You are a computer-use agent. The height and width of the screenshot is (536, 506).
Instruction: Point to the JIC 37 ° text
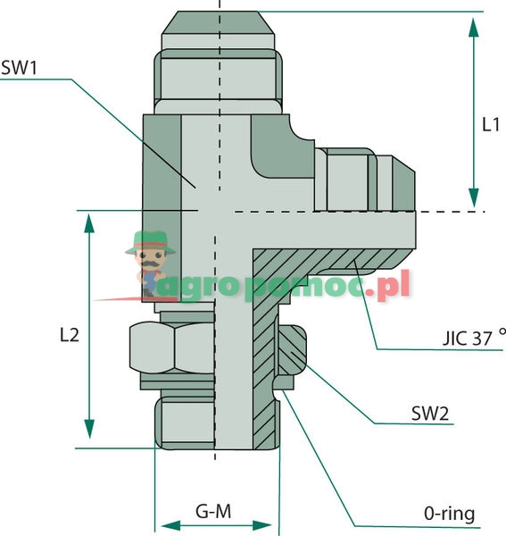click(469, 339)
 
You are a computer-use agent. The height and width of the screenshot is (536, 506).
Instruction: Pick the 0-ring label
click(449, 514)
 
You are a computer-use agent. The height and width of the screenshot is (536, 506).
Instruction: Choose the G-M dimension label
click(213, 512)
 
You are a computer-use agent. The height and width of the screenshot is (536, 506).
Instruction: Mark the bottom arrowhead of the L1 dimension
click(474, 199)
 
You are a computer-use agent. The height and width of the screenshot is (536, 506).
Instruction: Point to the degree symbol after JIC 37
click(502, 332)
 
